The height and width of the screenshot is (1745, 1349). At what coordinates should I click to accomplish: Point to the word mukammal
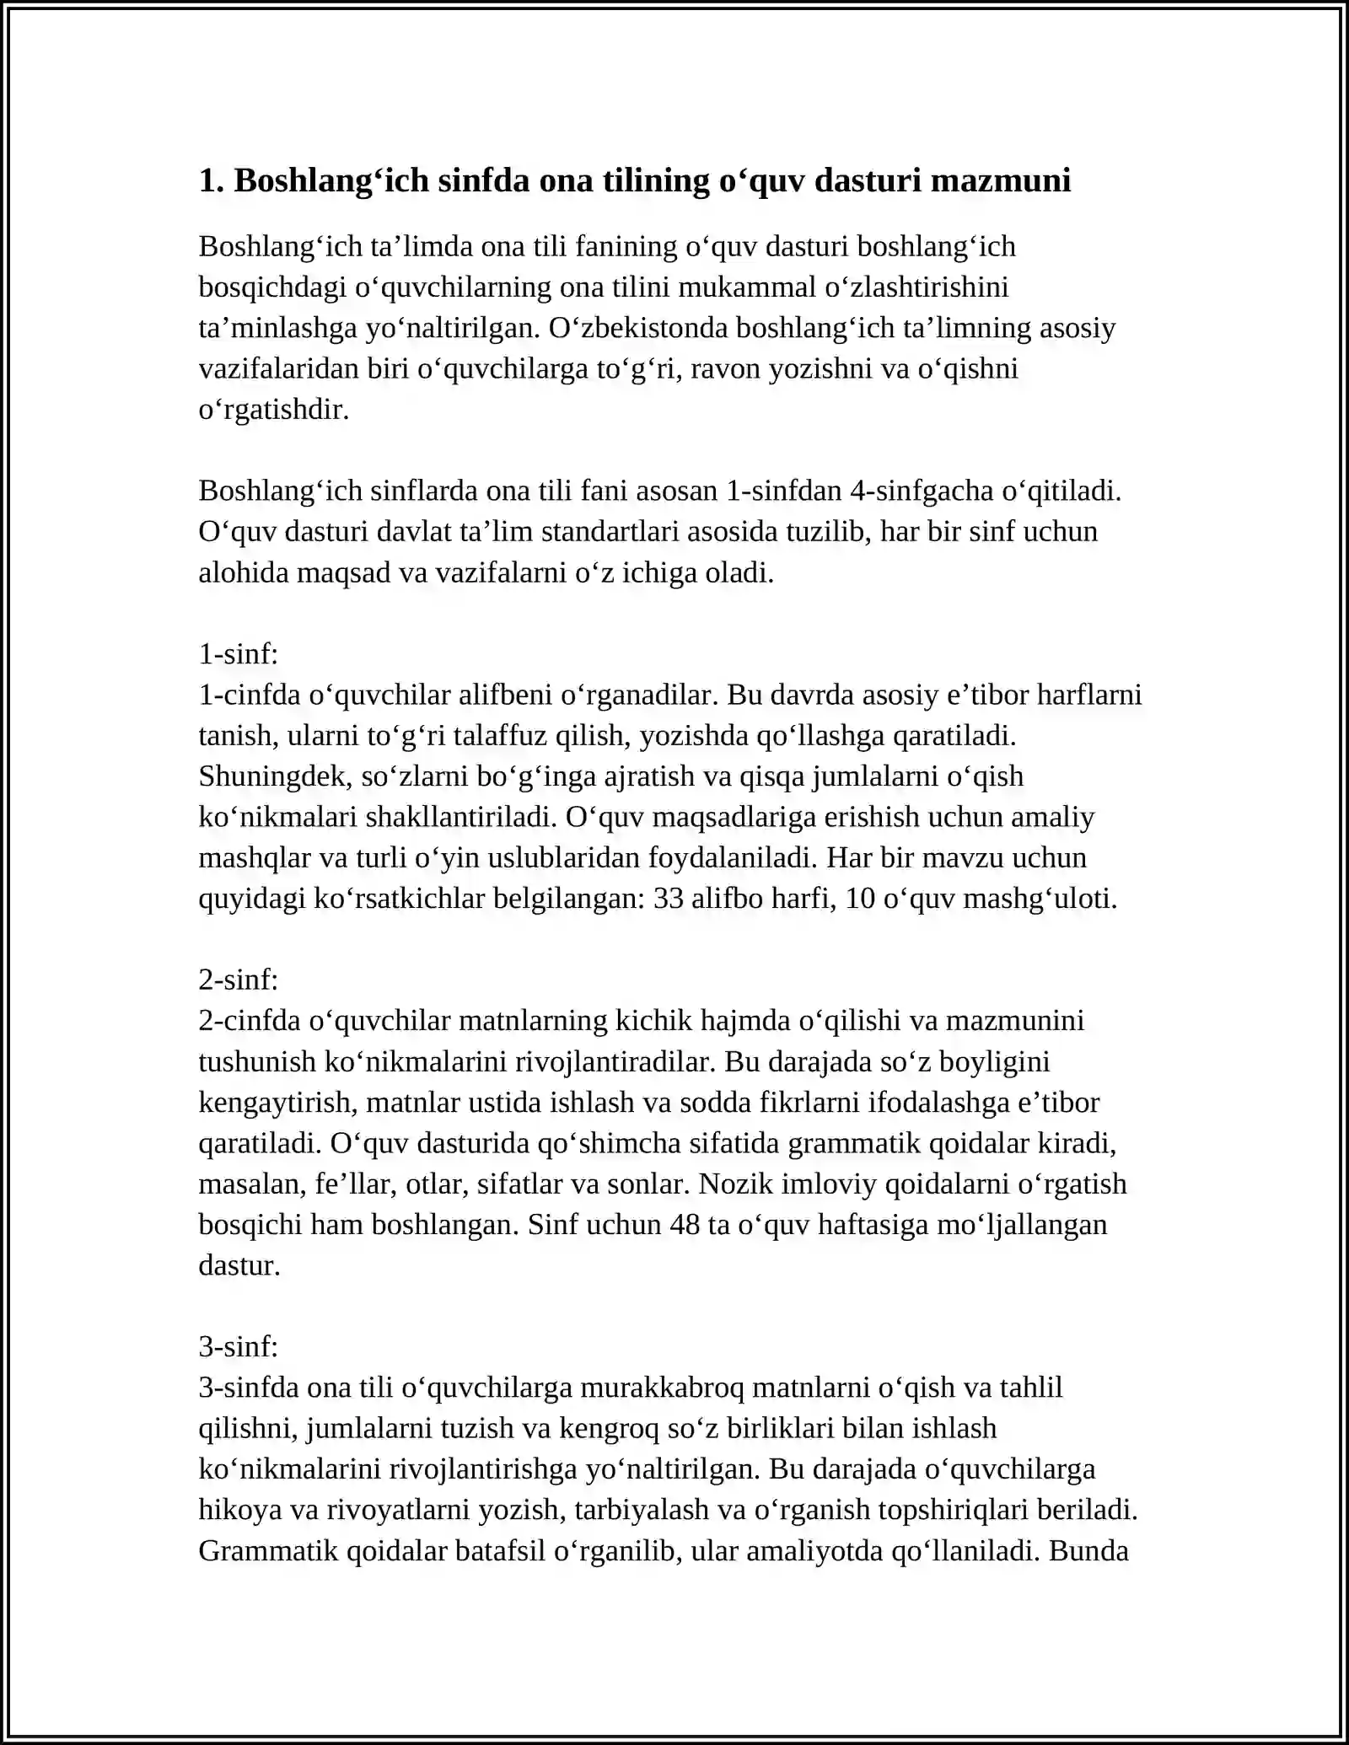point(746,287)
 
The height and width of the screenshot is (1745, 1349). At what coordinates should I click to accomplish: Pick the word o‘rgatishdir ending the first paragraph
point(273,411)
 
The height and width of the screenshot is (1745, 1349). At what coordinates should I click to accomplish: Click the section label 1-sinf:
point(238,654)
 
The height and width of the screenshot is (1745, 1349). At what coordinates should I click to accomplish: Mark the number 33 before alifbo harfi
point(668,899)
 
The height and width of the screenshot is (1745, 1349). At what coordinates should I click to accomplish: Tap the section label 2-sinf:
point(238,980)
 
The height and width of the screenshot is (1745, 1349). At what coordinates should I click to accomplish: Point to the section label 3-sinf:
point(238,1347)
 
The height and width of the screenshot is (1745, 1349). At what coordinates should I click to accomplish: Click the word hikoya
point(240,1510)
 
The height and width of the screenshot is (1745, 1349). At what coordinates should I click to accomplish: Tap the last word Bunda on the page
point(1088,1551)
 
